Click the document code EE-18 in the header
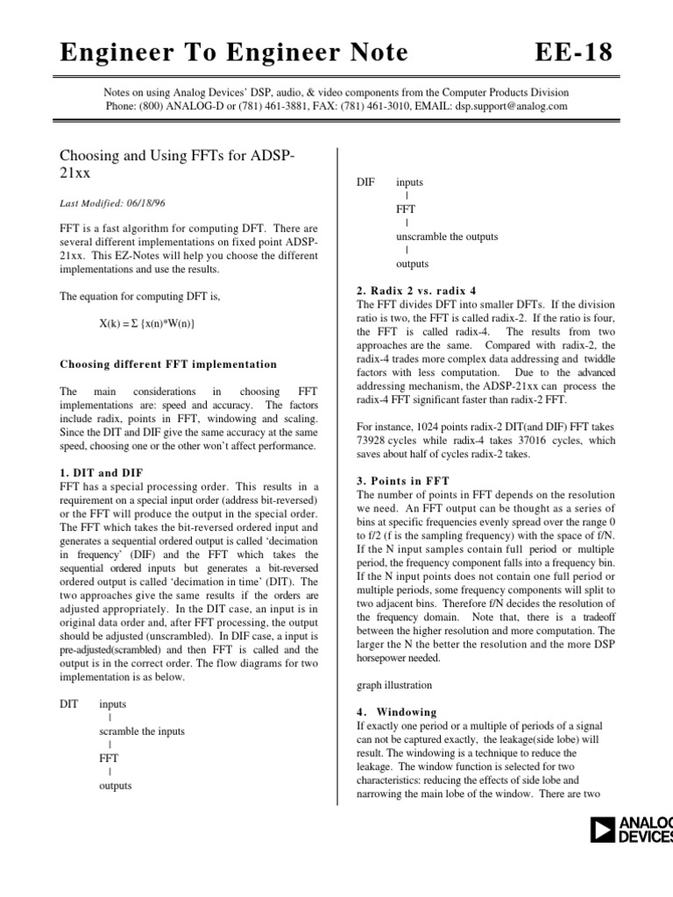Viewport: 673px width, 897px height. (574, 53)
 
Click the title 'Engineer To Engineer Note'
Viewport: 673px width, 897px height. (233, 53)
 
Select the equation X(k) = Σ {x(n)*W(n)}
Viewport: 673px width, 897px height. (146, 324)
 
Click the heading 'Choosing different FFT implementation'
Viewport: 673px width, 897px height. (167, 364)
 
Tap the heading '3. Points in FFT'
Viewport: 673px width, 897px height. (402, 482)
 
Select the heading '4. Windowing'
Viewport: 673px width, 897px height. (397, 712)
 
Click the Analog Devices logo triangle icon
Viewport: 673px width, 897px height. (604, 829)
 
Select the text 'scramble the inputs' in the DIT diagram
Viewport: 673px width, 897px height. (142, 731)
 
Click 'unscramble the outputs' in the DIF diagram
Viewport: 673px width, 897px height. (447, 237)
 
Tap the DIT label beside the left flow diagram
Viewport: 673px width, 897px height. (69, 704)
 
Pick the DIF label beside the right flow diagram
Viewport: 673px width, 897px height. (365, 182)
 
